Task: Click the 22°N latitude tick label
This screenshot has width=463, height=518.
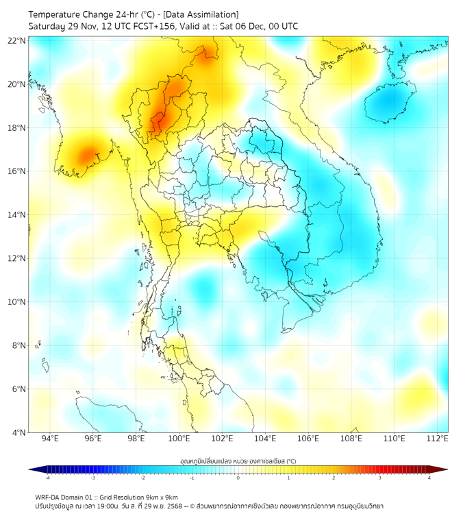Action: coord(16,40)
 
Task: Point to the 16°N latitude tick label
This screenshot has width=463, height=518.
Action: coord(16,171)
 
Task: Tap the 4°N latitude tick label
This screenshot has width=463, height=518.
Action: coord(18,432)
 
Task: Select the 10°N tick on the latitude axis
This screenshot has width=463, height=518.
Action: coord(16,301)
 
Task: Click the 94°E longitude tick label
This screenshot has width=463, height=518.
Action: coord(50,439)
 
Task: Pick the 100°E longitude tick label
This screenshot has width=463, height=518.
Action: coord(179,439)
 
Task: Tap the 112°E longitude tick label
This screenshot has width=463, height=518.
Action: coord(437,439)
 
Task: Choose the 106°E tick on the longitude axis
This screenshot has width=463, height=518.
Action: coord(308,439)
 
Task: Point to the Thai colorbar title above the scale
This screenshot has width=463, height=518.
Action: coord(238,460)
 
